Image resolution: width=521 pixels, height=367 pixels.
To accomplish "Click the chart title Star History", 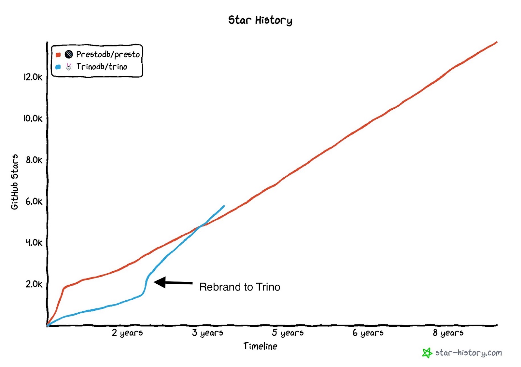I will [260, 20].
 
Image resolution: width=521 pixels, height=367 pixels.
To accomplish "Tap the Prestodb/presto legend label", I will [108, 54].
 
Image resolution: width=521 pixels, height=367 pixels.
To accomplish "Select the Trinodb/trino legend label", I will [102, 67].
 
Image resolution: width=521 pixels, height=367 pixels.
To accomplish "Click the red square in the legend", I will [58, 55].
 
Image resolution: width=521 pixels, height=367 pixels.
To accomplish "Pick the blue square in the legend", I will [58, 67].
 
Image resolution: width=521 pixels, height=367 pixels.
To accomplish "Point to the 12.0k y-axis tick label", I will [33, 77].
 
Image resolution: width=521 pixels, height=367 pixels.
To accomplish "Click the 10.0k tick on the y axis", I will [33, 118].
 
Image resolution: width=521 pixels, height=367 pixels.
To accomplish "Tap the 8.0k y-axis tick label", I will [34, 160].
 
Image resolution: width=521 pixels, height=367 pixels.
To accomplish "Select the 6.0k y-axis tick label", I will [34, 202].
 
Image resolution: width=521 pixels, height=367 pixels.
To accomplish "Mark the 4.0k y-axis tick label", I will [34, 243].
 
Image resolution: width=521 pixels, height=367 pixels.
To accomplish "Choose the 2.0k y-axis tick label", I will [34, 284].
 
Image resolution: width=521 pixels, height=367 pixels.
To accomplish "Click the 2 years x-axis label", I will [127, 333].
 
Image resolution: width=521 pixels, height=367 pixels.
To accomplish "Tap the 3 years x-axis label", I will [208, 333].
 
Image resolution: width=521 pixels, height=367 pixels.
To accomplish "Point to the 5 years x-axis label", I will [288, 333].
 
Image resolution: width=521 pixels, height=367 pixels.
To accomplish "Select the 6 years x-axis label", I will [368, 333].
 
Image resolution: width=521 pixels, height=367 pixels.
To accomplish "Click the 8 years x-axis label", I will [448, 333].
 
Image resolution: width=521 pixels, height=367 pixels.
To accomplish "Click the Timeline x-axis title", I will [260, 346].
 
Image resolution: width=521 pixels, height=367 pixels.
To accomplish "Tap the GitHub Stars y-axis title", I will [15, 182].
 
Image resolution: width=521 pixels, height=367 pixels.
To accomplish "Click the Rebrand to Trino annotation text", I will [240, 287].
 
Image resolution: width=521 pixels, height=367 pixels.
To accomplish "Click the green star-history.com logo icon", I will [427, 353].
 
